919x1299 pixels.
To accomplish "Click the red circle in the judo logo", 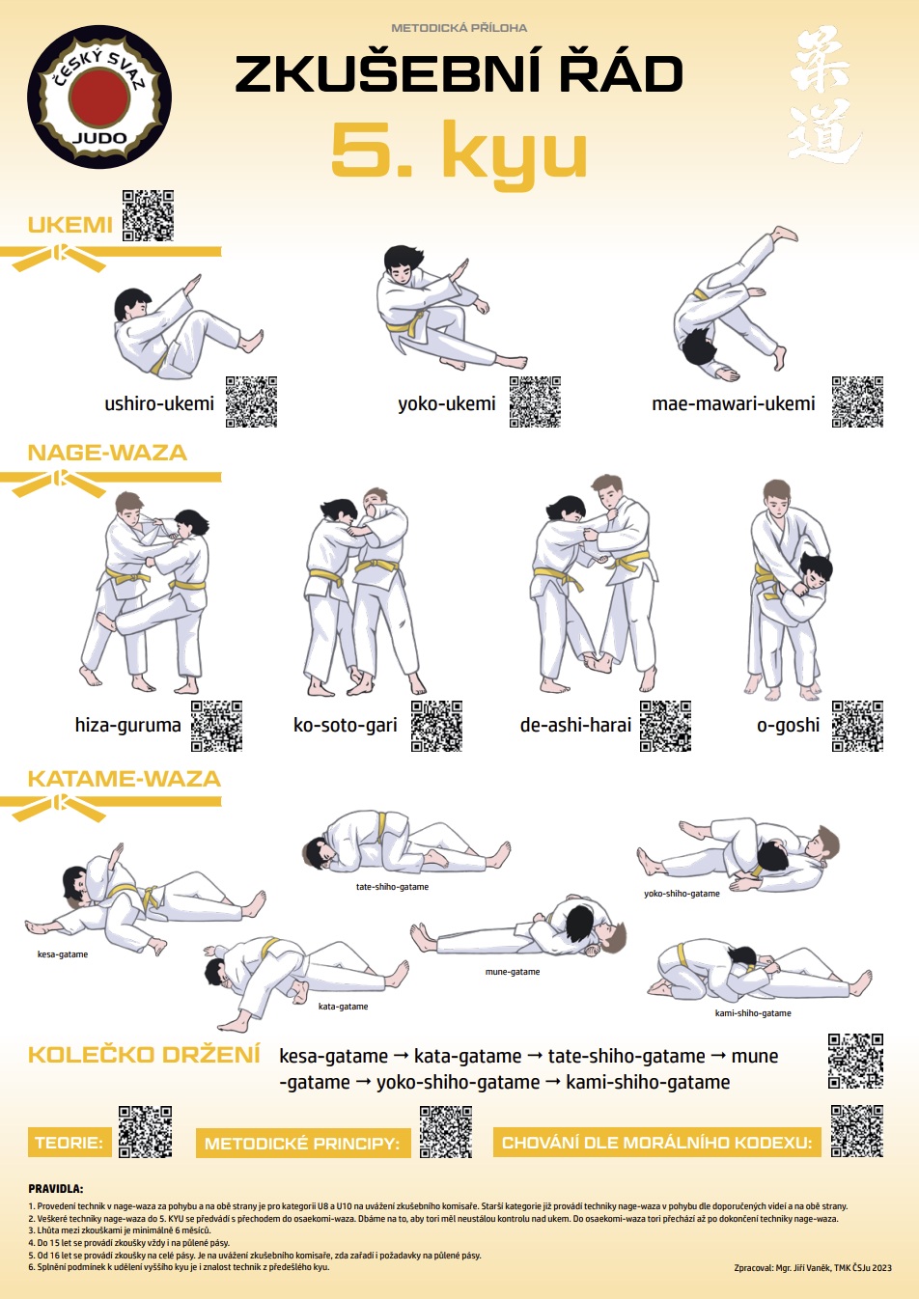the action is click(99, 97).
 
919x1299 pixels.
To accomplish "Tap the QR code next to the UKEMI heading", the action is click(148, 215).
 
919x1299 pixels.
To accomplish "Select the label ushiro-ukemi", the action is click(159, 403).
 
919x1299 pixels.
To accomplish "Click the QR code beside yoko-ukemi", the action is click(535, 401).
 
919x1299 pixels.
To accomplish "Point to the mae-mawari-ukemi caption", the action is click(734, 403).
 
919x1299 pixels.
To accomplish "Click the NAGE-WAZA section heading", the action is click(107, 453).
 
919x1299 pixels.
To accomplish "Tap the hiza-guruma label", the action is click(127, 725).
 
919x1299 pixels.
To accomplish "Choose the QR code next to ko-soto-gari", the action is click(436, 726).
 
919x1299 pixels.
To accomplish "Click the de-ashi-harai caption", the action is click(575, 725).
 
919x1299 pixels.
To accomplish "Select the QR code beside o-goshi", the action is click(857, 726).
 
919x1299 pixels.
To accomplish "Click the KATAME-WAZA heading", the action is click(125, 779).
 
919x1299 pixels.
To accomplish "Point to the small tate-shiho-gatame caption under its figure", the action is click(392, 887).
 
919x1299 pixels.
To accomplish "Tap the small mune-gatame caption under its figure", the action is click(513, 971).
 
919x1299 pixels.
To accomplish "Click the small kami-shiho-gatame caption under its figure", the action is click(753, 1013).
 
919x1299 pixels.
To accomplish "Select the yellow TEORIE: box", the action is click(70, 1143).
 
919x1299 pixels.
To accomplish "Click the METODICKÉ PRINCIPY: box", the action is click(303, 1143).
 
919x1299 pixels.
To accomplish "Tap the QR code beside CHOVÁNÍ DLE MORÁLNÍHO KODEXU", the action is click(857, 1131).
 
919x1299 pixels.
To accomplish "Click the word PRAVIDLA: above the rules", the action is click(56, 1189).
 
